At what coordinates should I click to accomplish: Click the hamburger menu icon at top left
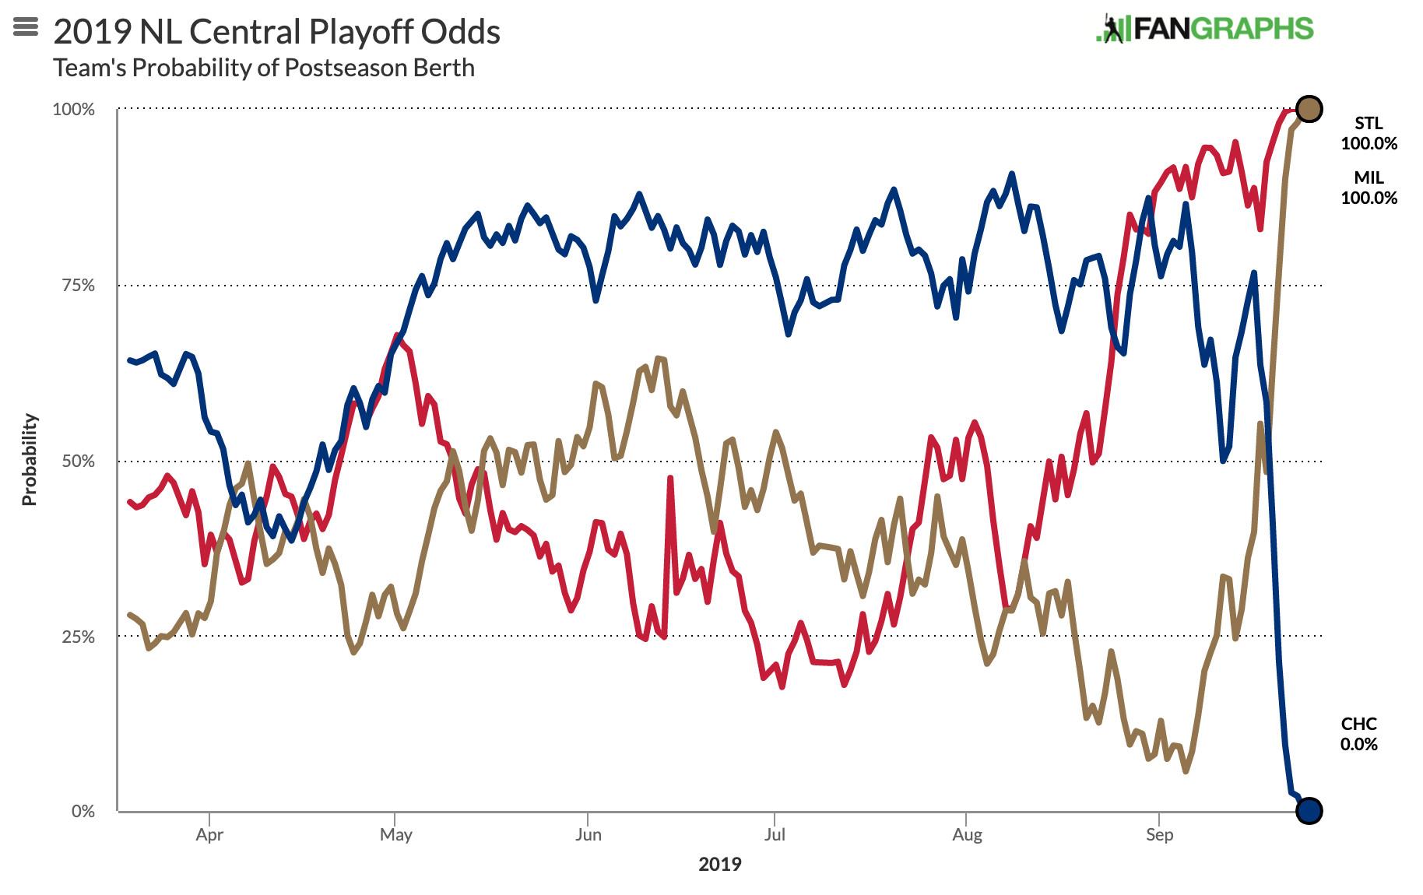pos(26,27)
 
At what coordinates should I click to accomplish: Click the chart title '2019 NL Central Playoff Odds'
pos(276,32)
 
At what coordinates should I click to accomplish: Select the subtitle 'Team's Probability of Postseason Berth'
pos(264,68)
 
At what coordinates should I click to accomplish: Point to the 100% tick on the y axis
pos(73,109)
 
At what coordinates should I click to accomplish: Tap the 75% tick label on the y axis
pos(77,285)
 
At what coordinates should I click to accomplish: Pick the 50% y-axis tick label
pos(77,461)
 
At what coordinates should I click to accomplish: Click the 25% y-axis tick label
pos(77,637)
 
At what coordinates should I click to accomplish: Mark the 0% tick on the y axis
pos(83,811)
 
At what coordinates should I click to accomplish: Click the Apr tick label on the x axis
pos(209,835)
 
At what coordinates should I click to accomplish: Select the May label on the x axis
pos(395,835)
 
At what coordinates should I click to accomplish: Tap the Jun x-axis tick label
pos(588,835)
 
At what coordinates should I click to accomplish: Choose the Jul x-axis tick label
pos(775,835)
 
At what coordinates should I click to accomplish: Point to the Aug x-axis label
pos(967,835)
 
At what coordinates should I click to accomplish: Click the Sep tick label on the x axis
pos(1159,835)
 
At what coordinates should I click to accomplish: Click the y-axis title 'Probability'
pos(30,459)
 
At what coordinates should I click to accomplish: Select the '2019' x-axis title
pos(720,864)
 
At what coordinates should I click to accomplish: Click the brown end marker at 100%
pos(1309,109)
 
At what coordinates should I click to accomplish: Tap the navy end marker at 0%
pos(1309,810)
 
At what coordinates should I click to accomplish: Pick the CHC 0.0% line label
pos(1358,734)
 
